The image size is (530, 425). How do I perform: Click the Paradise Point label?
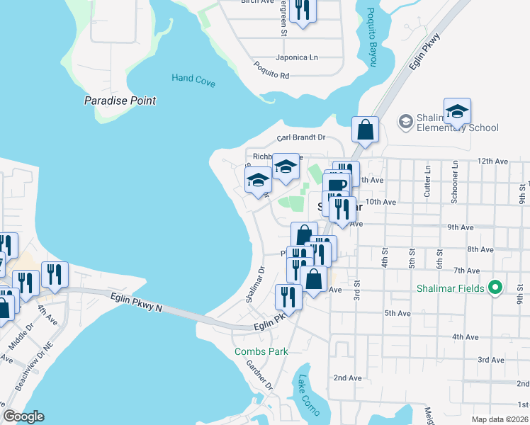120,101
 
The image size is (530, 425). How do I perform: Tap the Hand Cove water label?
193,80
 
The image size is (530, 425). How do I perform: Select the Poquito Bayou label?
371,38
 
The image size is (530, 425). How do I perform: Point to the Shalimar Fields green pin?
496,288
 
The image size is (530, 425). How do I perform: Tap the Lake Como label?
306,395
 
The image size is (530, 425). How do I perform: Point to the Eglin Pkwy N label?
137,303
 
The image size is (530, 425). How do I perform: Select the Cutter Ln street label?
428,181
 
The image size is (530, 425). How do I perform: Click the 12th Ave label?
493,161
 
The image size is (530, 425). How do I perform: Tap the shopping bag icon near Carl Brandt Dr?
366,130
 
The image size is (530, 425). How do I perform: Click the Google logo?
23,416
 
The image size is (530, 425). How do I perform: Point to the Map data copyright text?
499,419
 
